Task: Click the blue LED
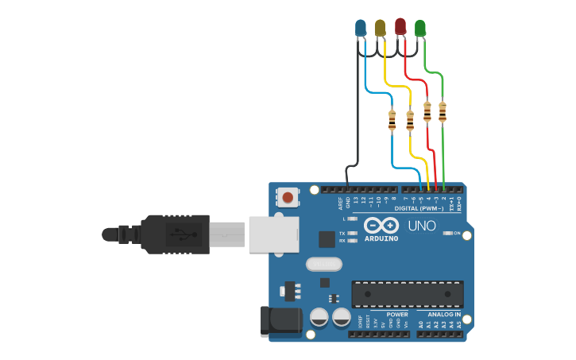(360, 29)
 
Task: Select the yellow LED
(380, 28)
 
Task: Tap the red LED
(400, 26)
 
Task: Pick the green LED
(420, 28)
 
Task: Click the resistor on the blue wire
(392, 120)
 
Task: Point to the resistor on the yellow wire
(410, 120)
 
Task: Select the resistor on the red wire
(427, 111)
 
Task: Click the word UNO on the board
(422, 226)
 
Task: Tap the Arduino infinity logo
(381, 226)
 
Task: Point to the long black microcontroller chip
(408, 293)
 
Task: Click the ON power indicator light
(449, 234)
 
